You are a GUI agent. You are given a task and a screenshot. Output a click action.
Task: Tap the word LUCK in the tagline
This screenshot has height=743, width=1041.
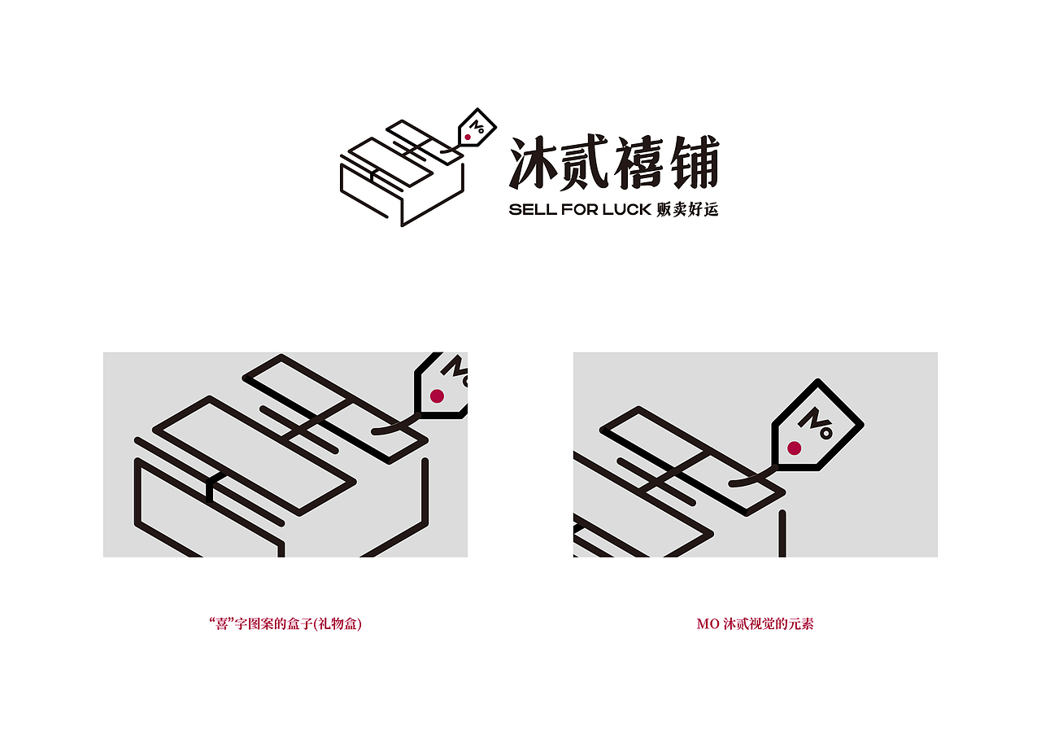[x=627, y=210]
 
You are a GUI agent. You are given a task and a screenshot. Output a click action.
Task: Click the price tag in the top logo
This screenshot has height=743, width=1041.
[x=477, y=128]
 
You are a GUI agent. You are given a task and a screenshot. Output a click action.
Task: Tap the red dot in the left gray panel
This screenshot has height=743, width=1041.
[x=437, y=396]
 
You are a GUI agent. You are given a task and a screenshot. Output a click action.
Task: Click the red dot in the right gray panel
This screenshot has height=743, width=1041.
[x=795, y=448]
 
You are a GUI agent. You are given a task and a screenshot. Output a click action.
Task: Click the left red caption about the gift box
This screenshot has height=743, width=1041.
[x=285, y=625]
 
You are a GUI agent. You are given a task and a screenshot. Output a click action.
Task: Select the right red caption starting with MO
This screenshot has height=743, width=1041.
[x=755, y=625]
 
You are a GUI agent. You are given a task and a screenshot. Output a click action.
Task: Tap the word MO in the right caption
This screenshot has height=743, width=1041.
[x=707, y=625]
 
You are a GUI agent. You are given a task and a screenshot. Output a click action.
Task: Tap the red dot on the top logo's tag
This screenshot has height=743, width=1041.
[x=468, y=138]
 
